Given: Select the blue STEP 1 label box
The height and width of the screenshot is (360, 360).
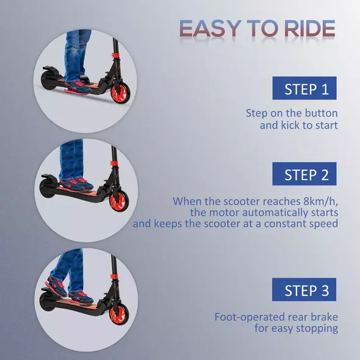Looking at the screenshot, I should tap(304, 89).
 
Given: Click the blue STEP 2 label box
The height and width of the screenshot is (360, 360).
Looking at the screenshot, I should tap(304, 175).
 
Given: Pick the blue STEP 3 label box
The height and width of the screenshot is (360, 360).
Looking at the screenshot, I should tap(304, 290).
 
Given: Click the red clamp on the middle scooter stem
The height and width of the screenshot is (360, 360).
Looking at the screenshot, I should tap(113, 165).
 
